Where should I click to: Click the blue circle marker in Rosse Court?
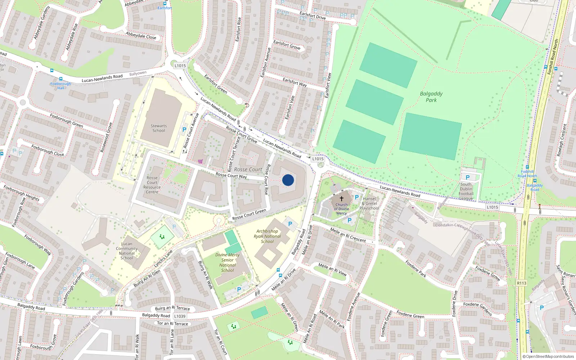pyautogui.click(x=288, y=180)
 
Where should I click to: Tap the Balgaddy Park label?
pyautogui.click(x=431, y=97)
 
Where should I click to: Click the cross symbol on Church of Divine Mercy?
pyautogui.click(x=342, y=198)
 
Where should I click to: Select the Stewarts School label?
pyautogui.click(x=158, y=128)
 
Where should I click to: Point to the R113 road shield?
pyautogui.click(x=522, y=283)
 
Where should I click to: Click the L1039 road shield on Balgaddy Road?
pyautogui.click(x=180, y=316)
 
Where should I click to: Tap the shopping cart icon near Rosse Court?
pyautogui.click(x=200, y=161)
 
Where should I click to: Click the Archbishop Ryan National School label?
pyautogui.click(x=267, y=236)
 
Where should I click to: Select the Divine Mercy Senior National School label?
pyautogui.click(x=228, y=262)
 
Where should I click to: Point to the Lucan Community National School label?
pyautogui.click(x=127, y=251)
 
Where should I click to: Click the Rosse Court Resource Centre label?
pyautogui.click(x=152, y=185)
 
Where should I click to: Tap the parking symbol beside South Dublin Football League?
pyautogui.click(x=468, y=177)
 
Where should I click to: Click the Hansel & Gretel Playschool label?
pyautogui.click(x=369, y=203)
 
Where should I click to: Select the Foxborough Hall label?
pyautogui.click(x=60, y=86)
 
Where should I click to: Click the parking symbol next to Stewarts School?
pyautogui.click(x=184, y=130)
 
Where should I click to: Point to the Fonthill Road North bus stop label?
pyautogui.click(x=527, y=174)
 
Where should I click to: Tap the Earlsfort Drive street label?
pyautogui.click(x=312, y=15)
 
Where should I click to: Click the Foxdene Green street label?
pyautogui.click(x=410, y=314)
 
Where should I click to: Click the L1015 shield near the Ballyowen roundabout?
pyautogui.click(x=180, y=66)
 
